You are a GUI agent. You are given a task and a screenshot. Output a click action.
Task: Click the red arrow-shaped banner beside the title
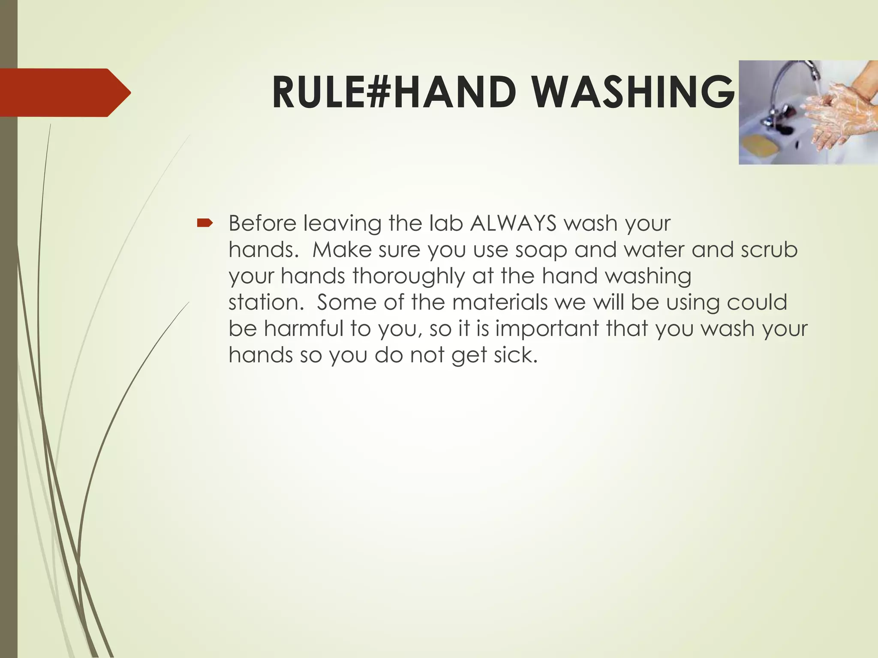click(x=64, y=93)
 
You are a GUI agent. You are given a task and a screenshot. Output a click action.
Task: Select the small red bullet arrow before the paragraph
click(x=204, y=223)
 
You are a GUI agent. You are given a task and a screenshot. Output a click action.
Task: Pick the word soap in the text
click(x=541, y=250)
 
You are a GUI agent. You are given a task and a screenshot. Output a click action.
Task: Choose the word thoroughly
click(x=409, y=276)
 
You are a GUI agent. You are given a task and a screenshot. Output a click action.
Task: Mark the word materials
click(x=499, y=302)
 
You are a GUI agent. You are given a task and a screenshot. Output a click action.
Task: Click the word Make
click(x=342, y=250)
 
